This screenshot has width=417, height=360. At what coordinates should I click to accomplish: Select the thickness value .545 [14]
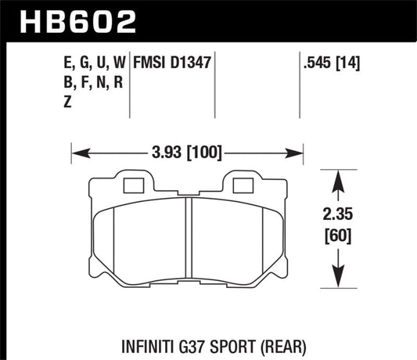coord(323,61)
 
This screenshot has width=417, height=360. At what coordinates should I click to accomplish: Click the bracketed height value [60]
coord(337,235)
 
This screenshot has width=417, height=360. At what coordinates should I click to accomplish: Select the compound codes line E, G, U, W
coord(92,61)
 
